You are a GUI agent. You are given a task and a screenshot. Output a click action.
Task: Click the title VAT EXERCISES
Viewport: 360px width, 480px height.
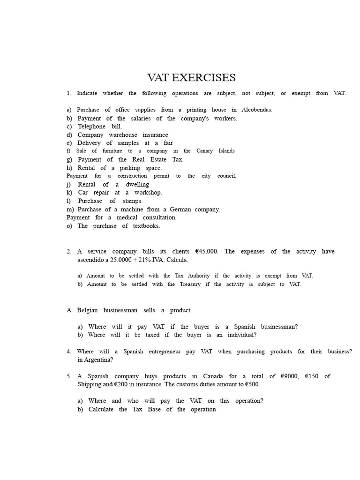191,77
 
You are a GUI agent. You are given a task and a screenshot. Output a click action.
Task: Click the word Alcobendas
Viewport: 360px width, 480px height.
257,110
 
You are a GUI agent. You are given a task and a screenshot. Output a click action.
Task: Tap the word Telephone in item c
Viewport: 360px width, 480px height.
92,127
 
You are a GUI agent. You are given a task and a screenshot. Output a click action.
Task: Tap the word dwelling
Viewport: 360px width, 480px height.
137,185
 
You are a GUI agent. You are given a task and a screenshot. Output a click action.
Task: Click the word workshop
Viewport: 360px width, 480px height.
148,193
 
